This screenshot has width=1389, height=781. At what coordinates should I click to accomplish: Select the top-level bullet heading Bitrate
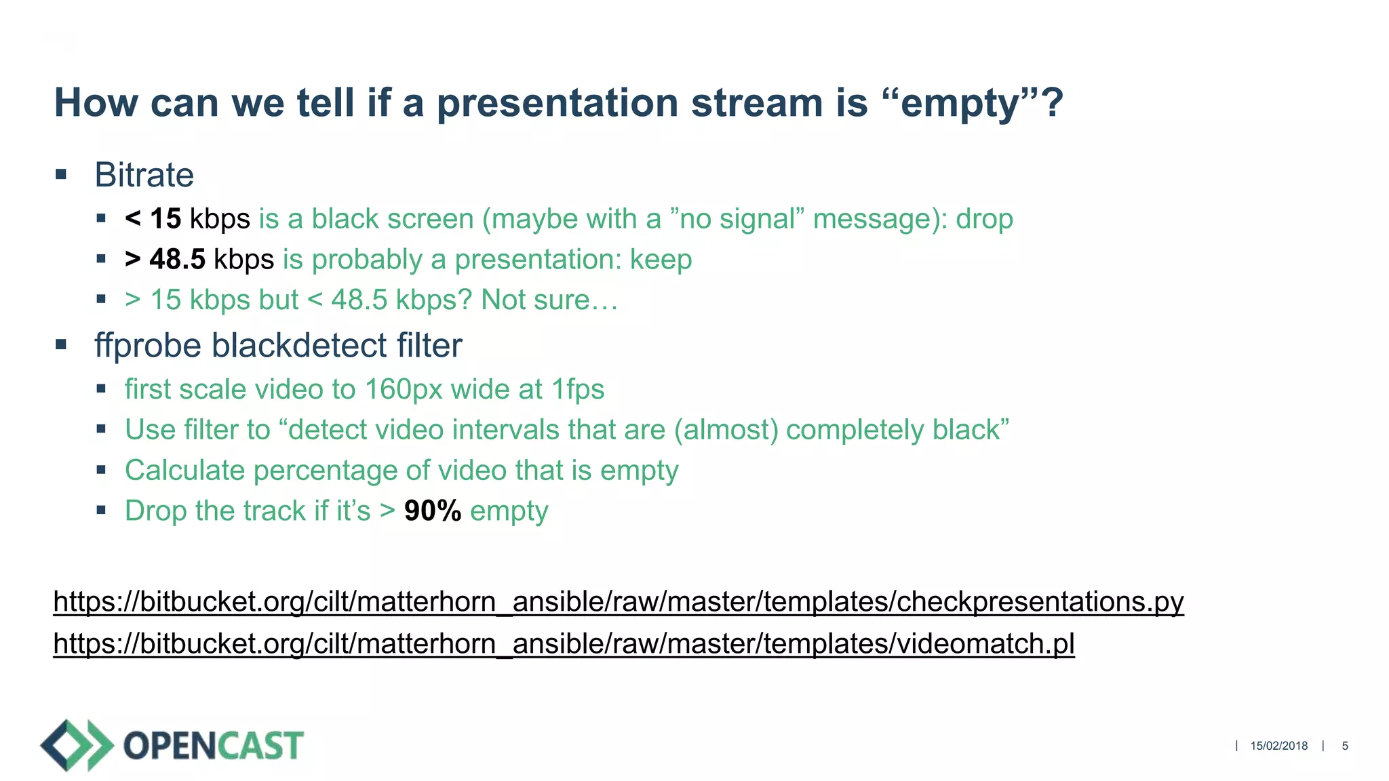144,175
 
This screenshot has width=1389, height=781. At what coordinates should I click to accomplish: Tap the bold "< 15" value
153,219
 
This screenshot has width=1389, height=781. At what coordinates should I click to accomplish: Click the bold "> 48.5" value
165,260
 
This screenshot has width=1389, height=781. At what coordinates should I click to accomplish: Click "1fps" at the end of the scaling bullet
577,389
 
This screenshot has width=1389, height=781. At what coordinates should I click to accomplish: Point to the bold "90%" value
432,510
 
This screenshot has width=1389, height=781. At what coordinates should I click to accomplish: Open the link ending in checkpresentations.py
618,602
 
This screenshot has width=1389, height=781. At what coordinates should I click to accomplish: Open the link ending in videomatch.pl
563,643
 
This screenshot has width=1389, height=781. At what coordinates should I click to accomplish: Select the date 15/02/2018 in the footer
1278,746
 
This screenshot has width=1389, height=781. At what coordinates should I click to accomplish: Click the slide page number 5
1344,746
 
